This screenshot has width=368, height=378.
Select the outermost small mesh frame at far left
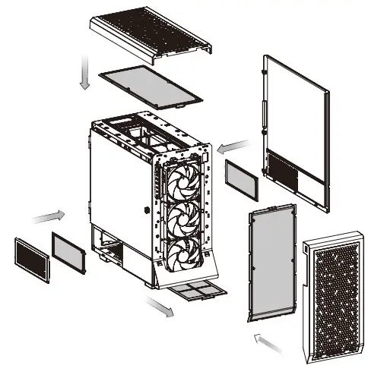pyautogui.click(x=30, y=256)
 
